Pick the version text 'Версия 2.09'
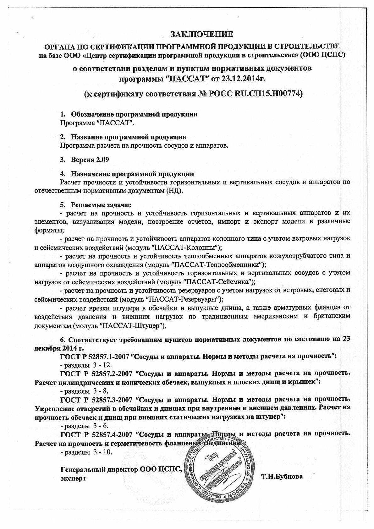coord(90,160)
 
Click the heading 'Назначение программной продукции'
coord(132,174)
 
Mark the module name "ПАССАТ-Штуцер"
coord(132,326)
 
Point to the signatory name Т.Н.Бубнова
coord(282,477)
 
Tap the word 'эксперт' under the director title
coord(73,478)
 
